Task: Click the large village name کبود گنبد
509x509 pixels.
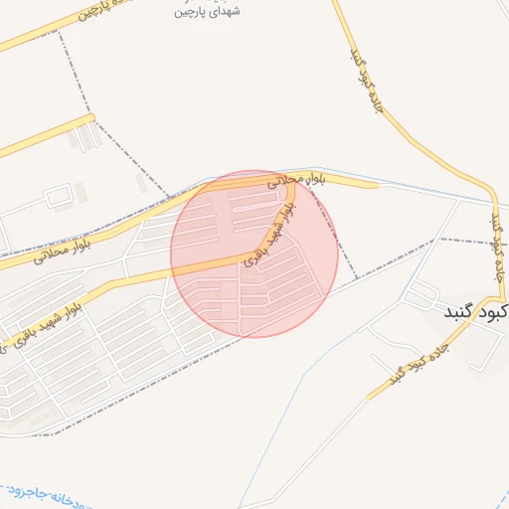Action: tap(476, 311)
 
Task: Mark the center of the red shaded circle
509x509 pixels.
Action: tap(254, 254)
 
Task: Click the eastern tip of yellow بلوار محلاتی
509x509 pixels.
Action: tap(377, 184)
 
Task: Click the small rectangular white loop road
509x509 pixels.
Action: tap(61, 197)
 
